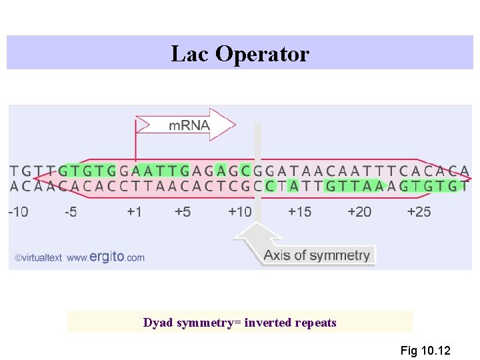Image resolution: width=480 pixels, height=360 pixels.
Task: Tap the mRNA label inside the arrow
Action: pos(189,125)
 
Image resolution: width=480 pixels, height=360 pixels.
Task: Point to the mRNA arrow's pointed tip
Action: pos(234,125)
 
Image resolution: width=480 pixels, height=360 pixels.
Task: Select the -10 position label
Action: pos(18,212)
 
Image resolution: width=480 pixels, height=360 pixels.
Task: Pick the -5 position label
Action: pos(71,212)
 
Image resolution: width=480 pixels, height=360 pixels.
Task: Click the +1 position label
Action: pos(135,212)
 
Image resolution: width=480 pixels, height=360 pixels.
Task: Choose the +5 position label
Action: pos(183,212)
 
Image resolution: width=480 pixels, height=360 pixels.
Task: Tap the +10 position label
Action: pos(240,212)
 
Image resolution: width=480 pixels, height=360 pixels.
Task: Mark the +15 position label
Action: pos(299,212)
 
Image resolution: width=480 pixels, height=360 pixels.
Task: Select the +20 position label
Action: pos(359,212)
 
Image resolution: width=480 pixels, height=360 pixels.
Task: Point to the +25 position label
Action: pos(419,212)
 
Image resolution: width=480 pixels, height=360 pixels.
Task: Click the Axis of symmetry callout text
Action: pos(316,255)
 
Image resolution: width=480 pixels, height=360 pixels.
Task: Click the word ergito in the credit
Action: pos(107,257)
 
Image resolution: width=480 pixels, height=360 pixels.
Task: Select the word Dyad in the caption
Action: pos(157,323)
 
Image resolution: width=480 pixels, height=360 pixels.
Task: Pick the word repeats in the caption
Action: pos(317,323)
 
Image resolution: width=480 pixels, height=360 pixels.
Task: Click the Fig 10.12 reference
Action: pos(425,351)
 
